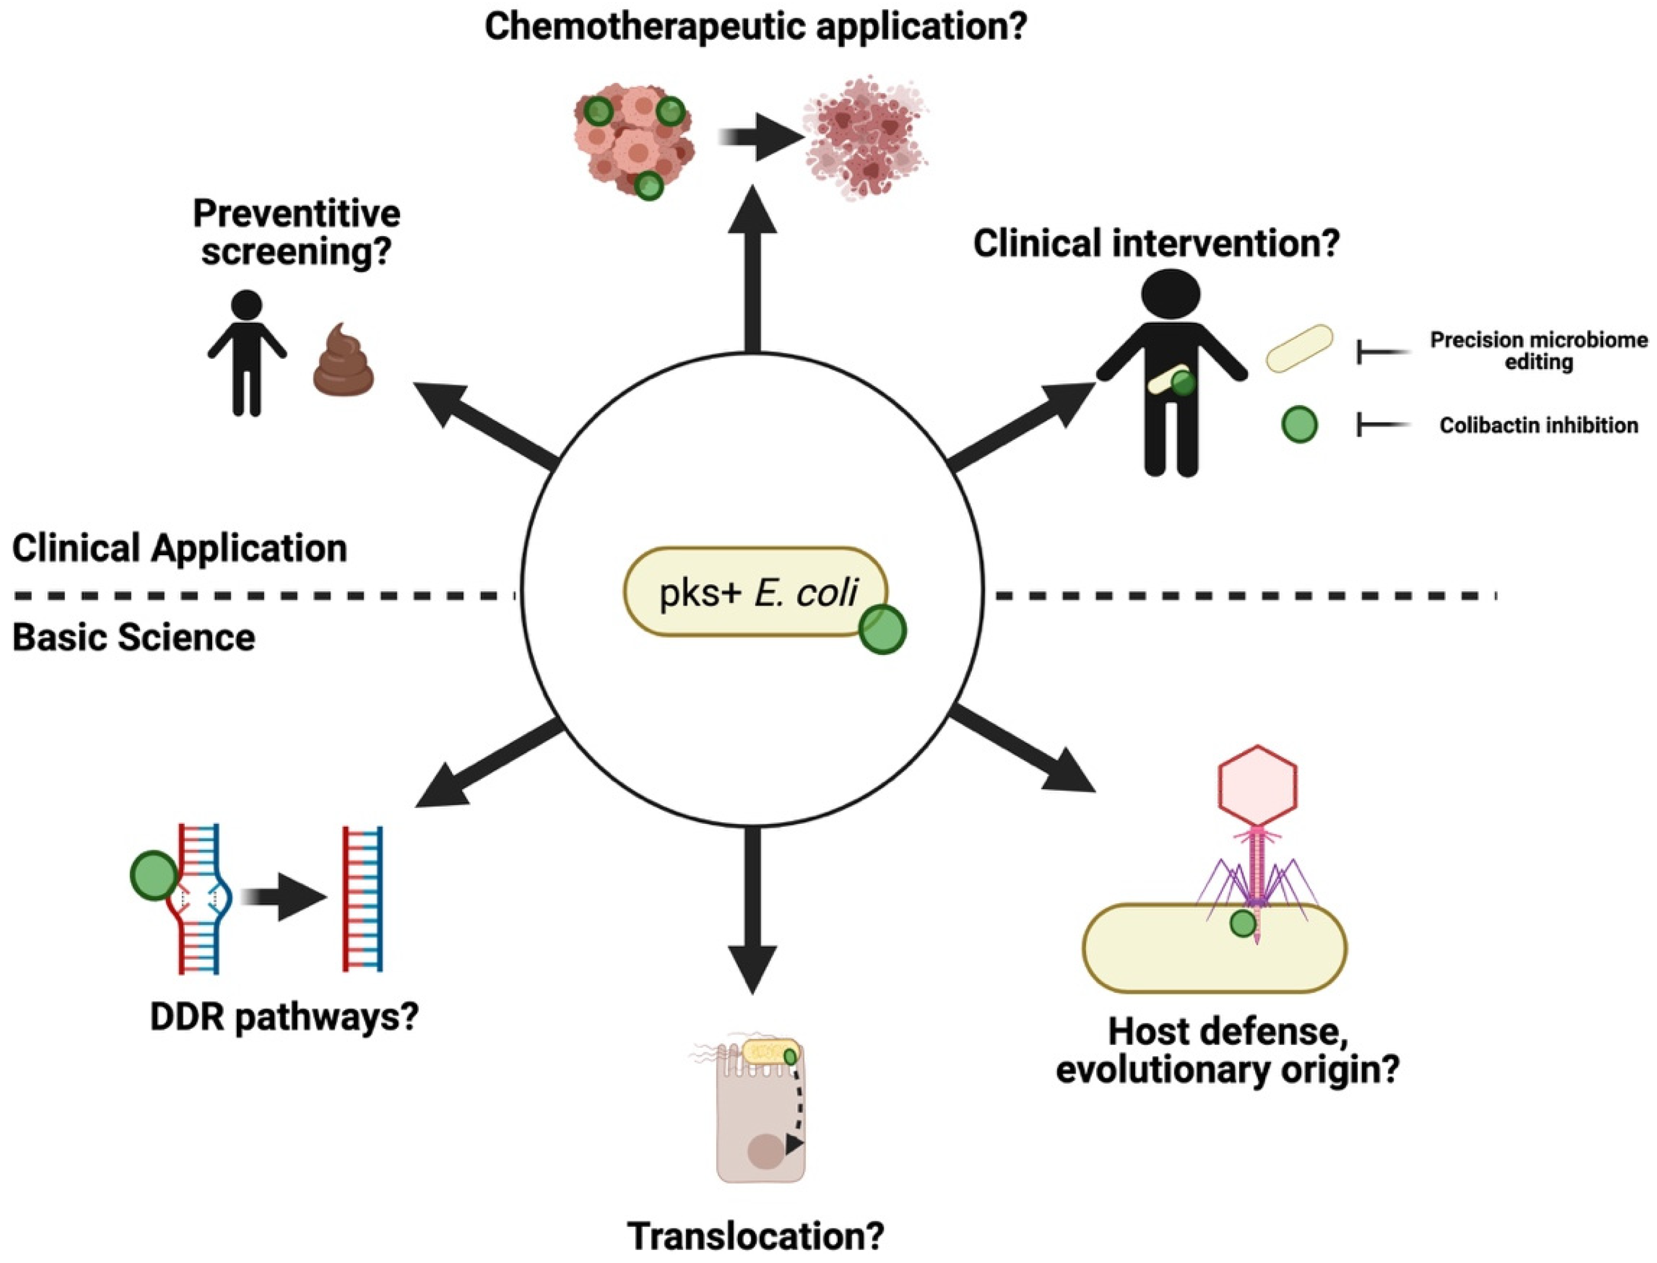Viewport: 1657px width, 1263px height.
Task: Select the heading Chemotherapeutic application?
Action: [x=755, y=27]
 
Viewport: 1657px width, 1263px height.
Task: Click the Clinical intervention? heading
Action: [x=1156, y=244]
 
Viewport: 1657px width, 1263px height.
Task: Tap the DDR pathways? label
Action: [x=283, y=1017]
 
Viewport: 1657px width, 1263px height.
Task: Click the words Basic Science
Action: [x=134, y=638]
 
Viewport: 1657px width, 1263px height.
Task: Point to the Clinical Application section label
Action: [x=179, y=548]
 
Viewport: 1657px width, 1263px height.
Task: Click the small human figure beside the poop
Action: [x=247, y=353]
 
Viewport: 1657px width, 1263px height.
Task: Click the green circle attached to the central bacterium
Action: [x=882, y=630]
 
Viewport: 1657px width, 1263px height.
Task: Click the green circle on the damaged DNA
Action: [x=154, y=876]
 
